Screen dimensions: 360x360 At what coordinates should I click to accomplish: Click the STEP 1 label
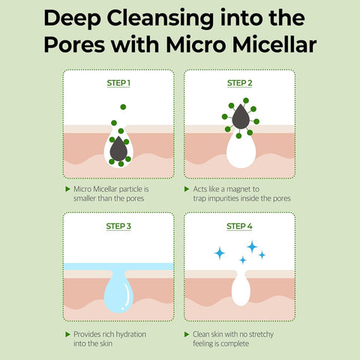[x=119, y=83]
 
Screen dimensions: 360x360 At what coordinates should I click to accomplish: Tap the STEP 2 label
[x=240, y=83]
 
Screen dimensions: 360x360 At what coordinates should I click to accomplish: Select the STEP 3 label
[x=119, y=226]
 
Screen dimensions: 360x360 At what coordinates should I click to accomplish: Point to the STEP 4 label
[x=240, y=226]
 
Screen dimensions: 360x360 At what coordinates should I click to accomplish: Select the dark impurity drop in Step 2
[x=240, y=116]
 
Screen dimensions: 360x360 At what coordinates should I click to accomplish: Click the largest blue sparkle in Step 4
[x=252, y=246]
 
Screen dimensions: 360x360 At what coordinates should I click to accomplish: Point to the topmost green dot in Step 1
[x=123, y=107]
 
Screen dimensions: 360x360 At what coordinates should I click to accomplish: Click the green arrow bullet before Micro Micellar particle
[x=67, y=190]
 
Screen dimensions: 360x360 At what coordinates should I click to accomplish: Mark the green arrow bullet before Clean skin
[x=187, y=334]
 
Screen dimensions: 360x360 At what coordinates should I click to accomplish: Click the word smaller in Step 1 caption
[x=89, y=200]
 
